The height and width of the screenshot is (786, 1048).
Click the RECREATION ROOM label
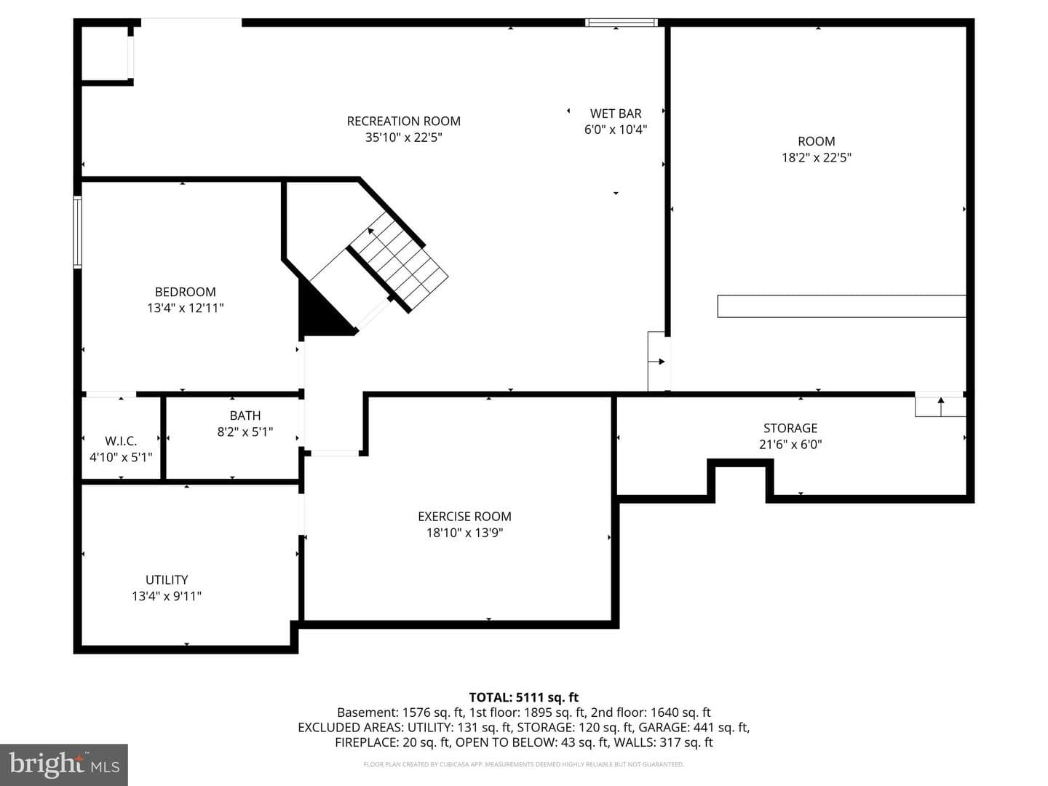(403, 122)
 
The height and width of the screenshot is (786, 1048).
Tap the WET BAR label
(616, 114)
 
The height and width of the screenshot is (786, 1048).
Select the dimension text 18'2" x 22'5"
(817, 157)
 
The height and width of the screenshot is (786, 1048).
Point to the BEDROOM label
(186, 292)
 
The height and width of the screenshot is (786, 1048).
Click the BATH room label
(245, 416)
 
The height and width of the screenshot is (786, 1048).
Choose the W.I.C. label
(121, 441)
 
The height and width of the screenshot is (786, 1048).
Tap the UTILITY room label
(167, 580)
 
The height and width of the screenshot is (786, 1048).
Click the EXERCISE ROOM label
(464, 517)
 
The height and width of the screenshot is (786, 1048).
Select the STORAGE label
(790, 428)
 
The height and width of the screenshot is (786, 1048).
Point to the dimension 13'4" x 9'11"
(167, 596)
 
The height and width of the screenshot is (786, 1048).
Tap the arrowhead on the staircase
(370, 231)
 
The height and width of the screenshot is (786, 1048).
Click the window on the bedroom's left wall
(77, 231)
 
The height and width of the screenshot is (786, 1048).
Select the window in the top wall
(622, 23)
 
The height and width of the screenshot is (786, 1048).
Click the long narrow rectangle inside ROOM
(841, 306)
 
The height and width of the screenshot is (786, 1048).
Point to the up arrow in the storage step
(940, 407)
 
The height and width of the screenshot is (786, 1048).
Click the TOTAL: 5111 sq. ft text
(524, 697)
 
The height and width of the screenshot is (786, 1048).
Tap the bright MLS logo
(64, 765)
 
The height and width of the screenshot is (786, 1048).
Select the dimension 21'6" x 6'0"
(790, 444)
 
